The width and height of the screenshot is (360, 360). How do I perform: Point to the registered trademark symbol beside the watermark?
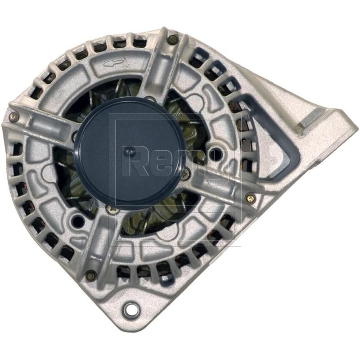[x=245, y=117]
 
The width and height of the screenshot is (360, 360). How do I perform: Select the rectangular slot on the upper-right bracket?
[x=310, y=121]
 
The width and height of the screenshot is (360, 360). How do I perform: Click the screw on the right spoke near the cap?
[x=185, y=171]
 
